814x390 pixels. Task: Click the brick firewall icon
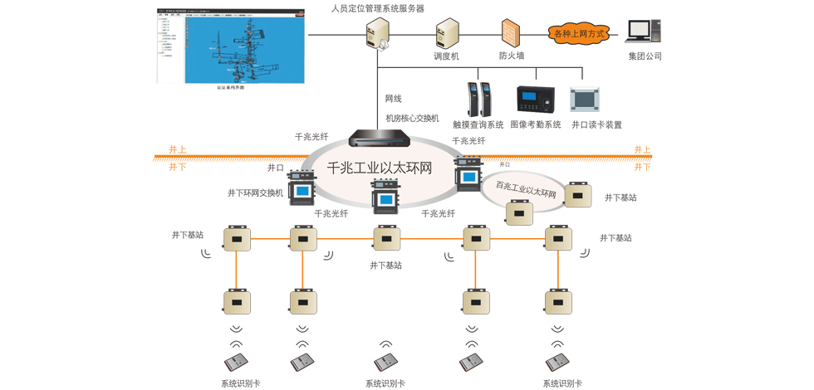[x=511, y=33]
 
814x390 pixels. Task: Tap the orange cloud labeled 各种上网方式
[x=579, y=34]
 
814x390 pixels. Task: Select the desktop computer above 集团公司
[x=644, y=32]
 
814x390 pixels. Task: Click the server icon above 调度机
[x=447, y=34]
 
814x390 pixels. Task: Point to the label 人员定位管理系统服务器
[x=378, y=8]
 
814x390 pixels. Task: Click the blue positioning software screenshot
[x=231, y=46]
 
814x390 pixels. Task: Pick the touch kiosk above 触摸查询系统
[x=479, y=100]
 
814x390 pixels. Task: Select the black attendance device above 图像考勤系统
[x=535, y=99]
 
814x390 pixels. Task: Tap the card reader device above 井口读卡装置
[x=585, y=100]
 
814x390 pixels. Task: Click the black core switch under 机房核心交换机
[x=379, y=138]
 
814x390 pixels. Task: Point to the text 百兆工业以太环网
[x=526, y=189]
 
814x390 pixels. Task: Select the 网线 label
[x=393, y=99]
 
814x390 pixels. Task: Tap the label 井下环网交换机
[x=255, y=193]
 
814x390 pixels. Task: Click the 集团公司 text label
[x=645, y=56]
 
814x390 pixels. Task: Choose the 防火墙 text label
[x=512, y=56]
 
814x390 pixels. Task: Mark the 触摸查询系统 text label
[x=478, y=124]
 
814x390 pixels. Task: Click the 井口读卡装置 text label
[x=596, y=124]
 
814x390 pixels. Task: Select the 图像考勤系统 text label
[x=536, y=124]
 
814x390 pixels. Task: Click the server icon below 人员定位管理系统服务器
[x=378, y=34]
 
